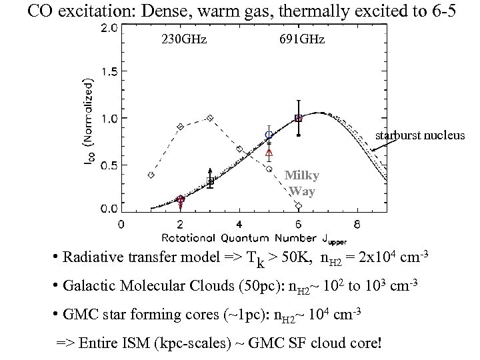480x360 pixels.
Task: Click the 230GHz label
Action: [x=184, y=39]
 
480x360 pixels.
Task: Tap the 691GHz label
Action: [x=303, y=39]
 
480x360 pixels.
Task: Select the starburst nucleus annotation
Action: [x=420, y=135]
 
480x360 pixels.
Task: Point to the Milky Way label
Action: [x=302, y=182]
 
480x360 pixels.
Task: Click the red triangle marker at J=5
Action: [x=269, y=153]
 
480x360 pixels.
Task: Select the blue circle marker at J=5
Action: [x=269, y=135]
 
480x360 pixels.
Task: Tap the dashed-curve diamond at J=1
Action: [x=151, y=175]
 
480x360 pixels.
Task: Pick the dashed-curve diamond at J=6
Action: [x=298, y=205]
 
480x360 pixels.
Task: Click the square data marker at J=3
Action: [x=210, y=181]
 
